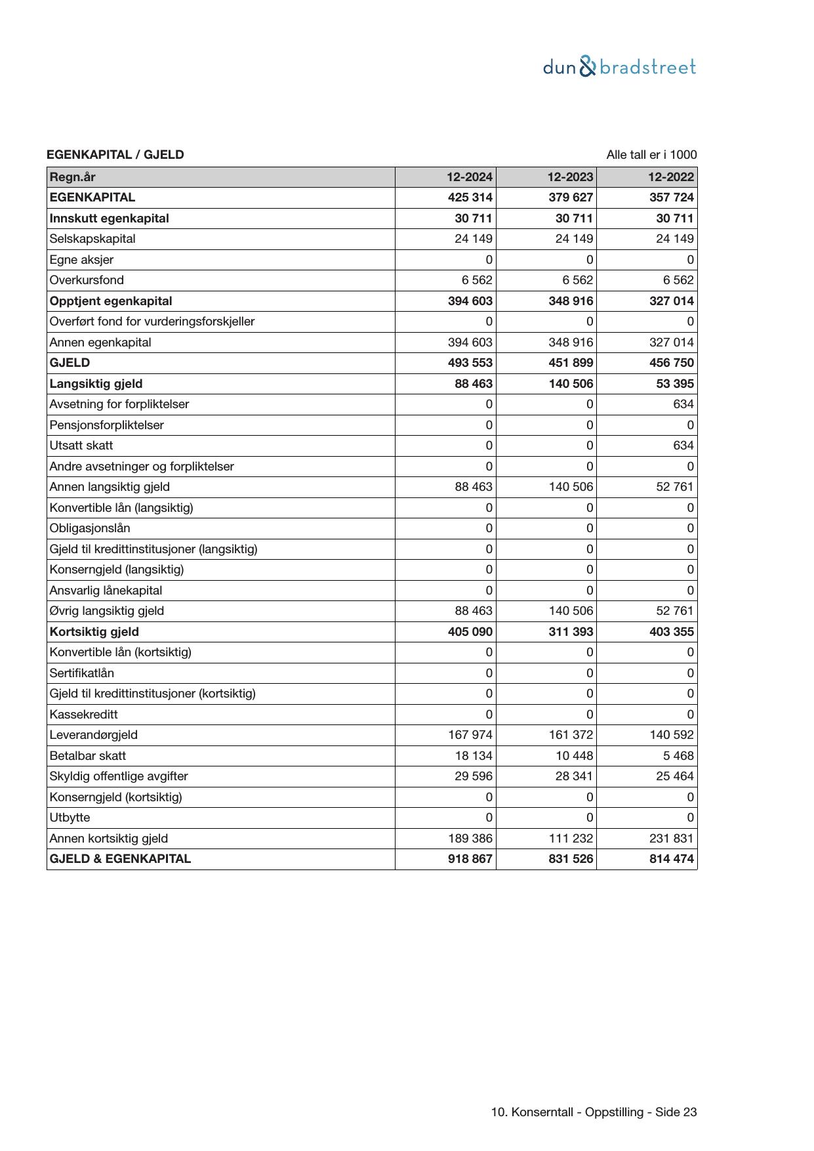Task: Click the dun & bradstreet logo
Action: tap(619, 67)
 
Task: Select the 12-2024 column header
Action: tap(470, 177)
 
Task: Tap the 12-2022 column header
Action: tap(671, 177)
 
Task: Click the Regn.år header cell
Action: tap(72, 177)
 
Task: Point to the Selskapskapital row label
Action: tap(92, 239)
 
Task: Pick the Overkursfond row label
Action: tap(87, 280)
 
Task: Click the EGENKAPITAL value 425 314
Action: tap(470, 198)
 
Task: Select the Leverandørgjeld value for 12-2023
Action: tap(571, 735)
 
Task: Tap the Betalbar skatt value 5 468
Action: tap(678, 756)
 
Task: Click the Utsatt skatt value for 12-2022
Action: tap(683, 446)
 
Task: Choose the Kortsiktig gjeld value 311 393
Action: tap(571, 632)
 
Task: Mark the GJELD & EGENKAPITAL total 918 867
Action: tap(470, 859)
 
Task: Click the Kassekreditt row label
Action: tap(83, 715)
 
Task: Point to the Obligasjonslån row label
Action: tap(90, 528)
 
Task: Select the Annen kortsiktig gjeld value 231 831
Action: tap(671, 839)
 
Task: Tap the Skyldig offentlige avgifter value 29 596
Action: tap(474, 776)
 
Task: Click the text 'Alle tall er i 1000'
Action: tap(651, 155)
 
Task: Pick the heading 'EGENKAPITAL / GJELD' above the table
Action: tap(115, 155)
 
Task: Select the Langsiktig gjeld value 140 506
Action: tap(571, 384)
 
